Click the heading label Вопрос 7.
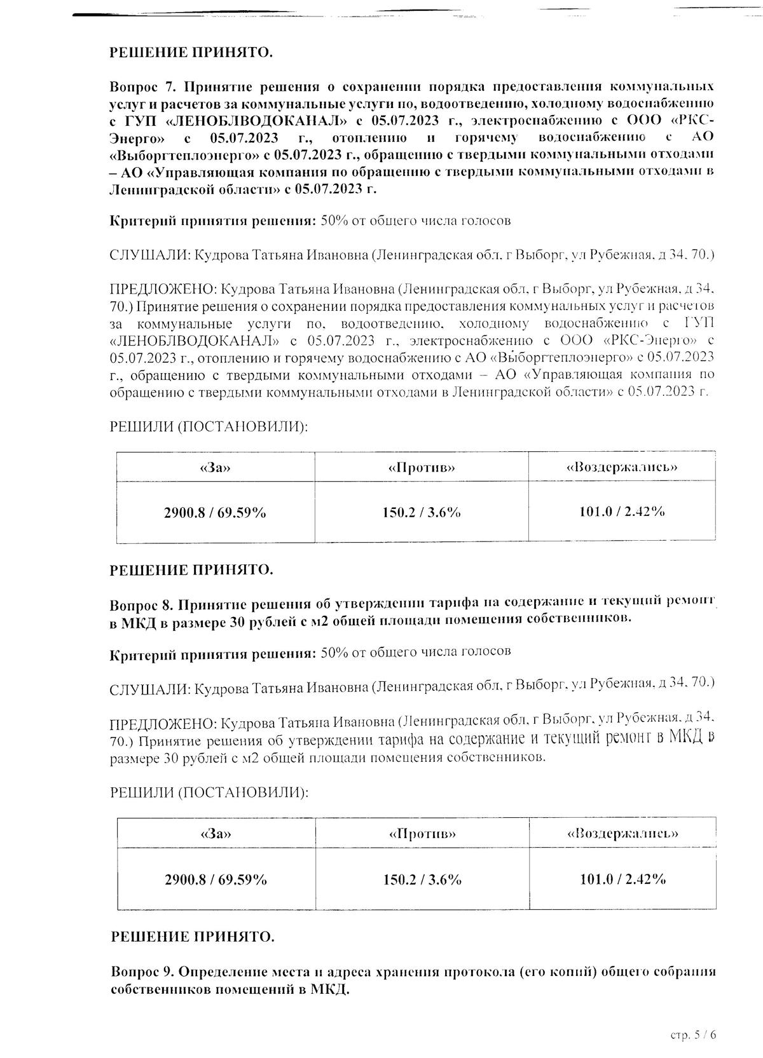[142, 86]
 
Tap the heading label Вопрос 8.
[142, 603]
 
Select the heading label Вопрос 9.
[142, 972]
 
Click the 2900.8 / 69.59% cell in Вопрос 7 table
[215, 512]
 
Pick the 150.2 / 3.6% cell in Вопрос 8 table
[422, 879]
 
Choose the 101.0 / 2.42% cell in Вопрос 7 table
[622, 511]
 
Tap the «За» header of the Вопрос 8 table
[216, 834]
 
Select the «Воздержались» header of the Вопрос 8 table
[622, 833]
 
